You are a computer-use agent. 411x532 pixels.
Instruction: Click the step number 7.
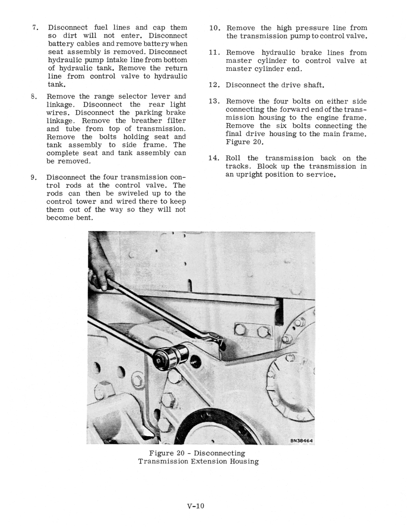click(x=35, y=28)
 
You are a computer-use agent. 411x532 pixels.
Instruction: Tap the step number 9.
click(x=34, y=177)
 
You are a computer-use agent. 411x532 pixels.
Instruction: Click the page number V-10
click(x=196, y=506)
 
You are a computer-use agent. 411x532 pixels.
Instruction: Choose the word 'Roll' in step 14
click(x=233, y=158)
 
